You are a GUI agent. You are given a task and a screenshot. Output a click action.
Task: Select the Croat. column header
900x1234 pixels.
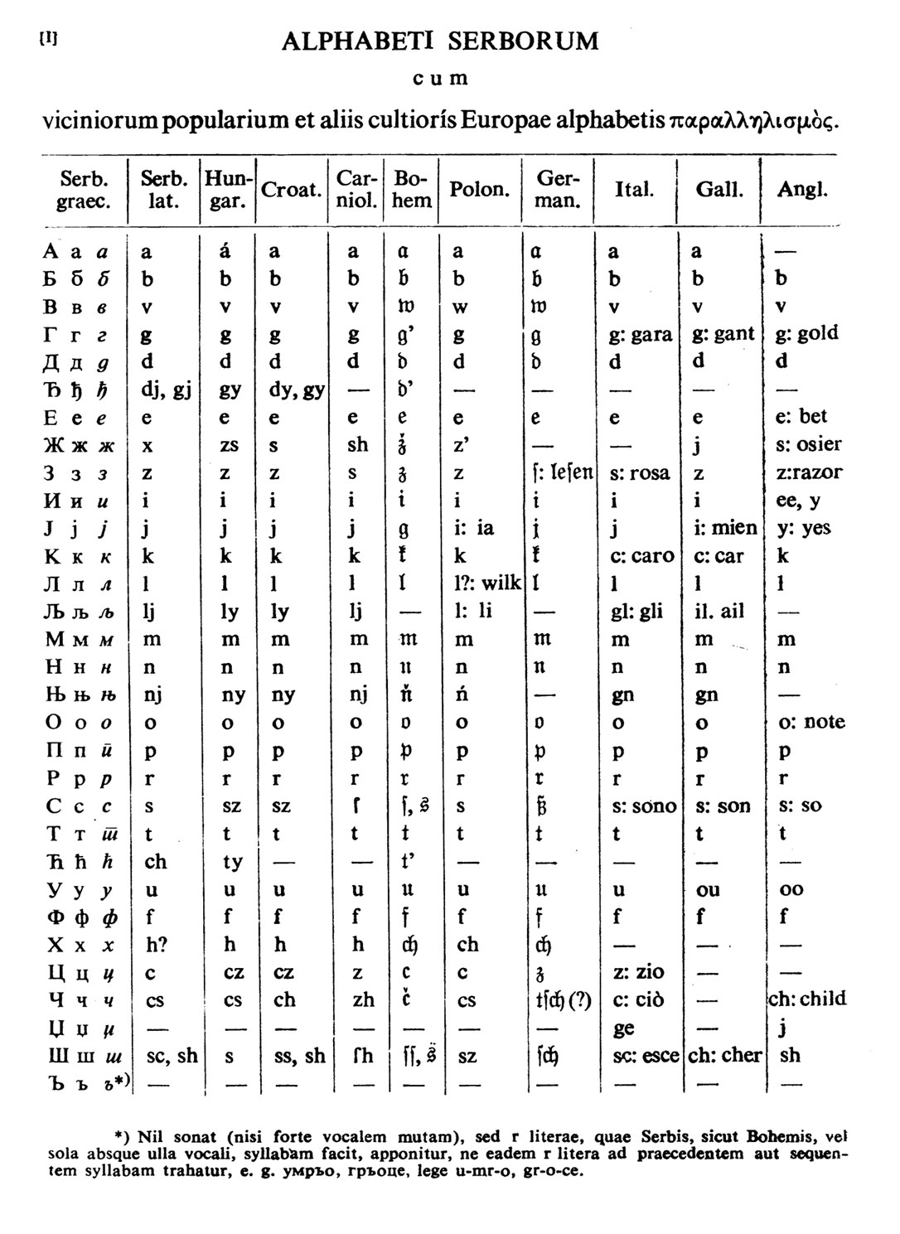tap(291, 190)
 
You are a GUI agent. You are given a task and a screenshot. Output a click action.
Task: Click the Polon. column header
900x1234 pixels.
tap(479, 190)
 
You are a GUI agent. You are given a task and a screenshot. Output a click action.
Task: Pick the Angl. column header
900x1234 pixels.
tap(802, 190)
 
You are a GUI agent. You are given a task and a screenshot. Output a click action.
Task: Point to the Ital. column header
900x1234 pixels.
tap(634, 190)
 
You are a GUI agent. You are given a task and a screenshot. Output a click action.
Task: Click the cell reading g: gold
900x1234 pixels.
tap(806, 333)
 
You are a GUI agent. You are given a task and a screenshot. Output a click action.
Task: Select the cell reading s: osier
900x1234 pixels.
tap(808, 444)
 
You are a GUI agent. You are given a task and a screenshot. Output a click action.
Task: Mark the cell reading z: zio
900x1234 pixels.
tap(638, 971)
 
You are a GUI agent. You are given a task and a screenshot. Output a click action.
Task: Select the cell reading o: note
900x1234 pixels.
tap(811, 722)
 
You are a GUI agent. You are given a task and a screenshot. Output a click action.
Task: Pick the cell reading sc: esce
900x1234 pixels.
tap(645, 1055)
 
